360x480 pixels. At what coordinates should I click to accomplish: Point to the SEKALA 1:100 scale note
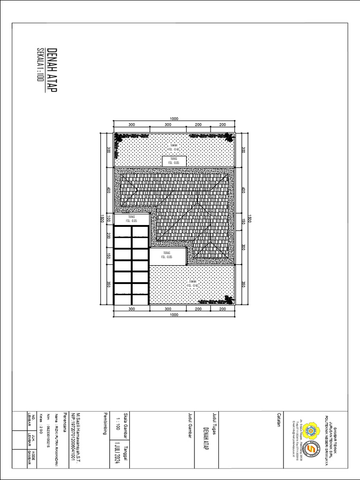coord(40,65)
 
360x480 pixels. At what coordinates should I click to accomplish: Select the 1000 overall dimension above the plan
coord(174,119)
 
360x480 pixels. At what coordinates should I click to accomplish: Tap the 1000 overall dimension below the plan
coord(174,315)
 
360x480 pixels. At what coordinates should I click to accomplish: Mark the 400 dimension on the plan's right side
coord(243,190)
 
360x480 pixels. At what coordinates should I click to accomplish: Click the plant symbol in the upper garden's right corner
coord(228,137)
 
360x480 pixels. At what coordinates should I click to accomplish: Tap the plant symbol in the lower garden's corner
coord(229,300)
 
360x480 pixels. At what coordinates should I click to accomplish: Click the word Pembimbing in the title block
coord(105,423)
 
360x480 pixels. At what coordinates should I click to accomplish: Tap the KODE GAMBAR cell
coord(32,455)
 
